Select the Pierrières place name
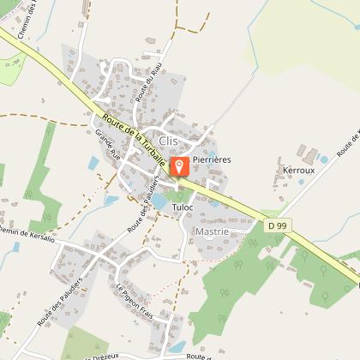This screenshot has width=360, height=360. coord(213,159)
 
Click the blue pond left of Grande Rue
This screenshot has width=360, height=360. coord(111,200)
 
